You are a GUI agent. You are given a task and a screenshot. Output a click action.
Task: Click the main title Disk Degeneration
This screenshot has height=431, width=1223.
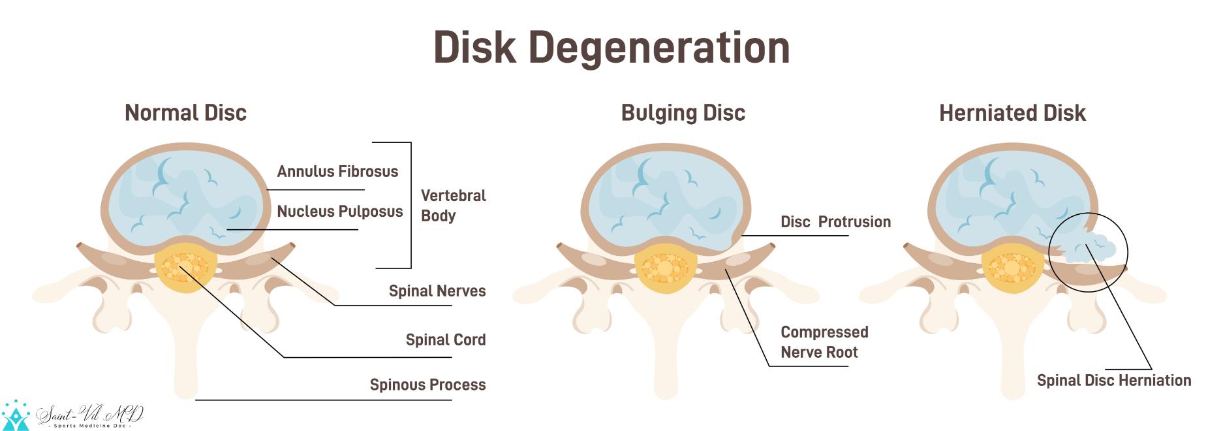coord(611,48)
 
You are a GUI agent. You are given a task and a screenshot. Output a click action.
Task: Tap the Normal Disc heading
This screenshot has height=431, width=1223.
coord(185,113)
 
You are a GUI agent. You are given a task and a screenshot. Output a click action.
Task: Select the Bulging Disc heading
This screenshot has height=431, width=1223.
coord(683,113)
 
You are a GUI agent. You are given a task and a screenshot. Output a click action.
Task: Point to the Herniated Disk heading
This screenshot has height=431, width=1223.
coord(1012,113)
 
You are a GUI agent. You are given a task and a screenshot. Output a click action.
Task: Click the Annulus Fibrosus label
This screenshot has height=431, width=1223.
coord(337,172)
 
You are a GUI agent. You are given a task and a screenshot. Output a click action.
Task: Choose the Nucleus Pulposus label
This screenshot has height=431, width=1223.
coord(340,212)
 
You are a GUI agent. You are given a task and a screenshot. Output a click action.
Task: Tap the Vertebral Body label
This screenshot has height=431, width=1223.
coord(453,206)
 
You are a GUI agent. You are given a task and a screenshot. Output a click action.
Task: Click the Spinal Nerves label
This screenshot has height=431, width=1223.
coord(437,291)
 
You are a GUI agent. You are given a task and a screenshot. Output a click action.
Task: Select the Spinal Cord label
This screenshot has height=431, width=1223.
coord(446,340)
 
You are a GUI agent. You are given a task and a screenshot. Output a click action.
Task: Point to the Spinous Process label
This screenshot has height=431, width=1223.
coord(427,385)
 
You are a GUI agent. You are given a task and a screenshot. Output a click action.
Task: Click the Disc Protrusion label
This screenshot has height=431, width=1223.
coord(835,222)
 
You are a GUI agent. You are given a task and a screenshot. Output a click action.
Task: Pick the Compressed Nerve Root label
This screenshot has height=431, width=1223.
coord(824,342)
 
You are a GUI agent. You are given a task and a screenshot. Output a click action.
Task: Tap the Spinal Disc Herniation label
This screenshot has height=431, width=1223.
coord(1114,380)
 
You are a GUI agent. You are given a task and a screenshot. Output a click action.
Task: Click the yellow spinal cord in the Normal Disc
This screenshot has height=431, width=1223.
coord(186,268)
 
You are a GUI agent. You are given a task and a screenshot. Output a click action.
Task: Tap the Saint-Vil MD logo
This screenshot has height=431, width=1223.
coord(72,415)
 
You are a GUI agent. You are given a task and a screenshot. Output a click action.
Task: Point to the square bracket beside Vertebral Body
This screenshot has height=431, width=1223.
coord(410,205)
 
